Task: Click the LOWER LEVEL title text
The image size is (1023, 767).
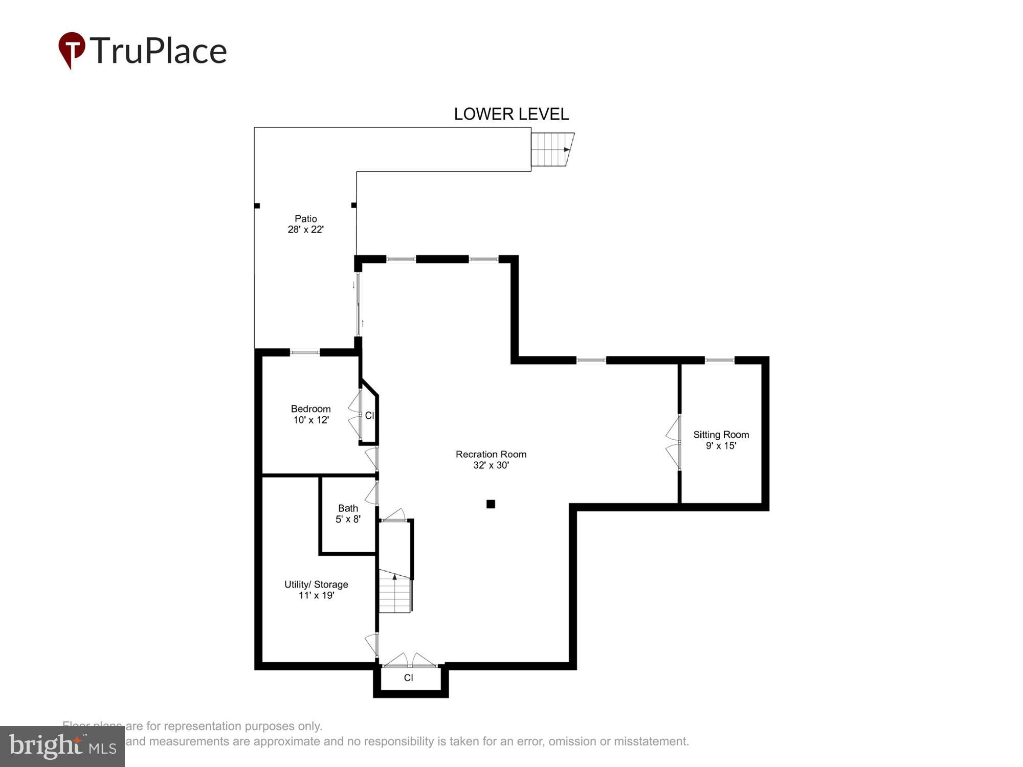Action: [511, 114]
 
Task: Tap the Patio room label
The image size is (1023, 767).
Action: [305, 224]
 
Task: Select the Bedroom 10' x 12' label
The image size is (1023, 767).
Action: [310, 414]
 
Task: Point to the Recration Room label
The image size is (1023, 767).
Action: [491, 459]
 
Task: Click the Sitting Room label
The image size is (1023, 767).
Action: [721, 440]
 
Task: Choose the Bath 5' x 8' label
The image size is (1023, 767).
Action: [348, 513]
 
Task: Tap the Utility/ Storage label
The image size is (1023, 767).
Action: [316, 590]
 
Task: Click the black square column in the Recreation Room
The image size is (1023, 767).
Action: [491, 504]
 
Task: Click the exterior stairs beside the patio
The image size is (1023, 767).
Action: [551, 150]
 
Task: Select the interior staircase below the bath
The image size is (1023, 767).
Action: [395, 593]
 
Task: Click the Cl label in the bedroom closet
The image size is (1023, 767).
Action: [369, 416]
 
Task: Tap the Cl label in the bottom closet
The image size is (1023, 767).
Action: [408, 678]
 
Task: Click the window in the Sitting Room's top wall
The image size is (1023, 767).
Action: [720, 360]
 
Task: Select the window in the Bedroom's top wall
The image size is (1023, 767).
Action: [305, 352]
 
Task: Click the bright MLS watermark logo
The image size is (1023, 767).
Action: [62, 746]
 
